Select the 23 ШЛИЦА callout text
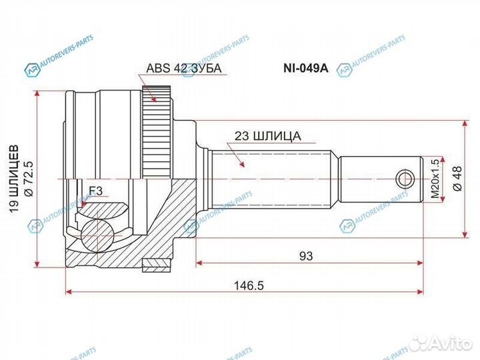267,136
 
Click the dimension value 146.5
245,285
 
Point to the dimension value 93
305,255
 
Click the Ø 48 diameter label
456,179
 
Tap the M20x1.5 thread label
435,179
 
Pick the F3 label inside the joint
95,192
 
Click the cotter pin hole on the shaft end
404,179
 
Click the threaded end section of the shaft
380,179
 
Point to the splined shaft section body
273,179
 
